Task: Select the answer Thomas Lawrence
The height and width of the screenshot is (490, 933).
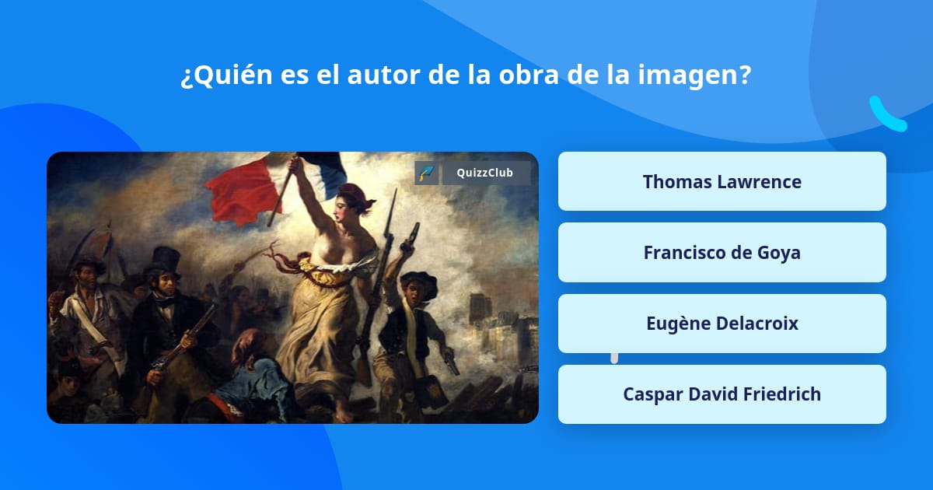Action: pyautogui.click(x=722, y=182)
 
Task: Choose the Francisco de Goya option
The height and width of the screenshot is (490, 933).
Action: pyautogui.click(x=722, y=253)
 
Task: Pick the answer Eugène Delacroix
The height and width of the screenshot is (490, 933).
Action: pyautogui.click(x=722, y=324)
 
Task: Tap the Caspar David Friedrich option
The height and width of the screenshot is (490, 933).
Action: pyautogui.click(x=722, y=394)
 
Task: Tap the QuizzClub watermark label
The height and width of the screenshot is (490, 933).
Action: pyautogui.click(x=486, y=173)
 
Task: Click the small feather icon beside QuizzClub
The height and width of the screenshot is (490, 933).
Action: pyautogui.click(x=426, y=173)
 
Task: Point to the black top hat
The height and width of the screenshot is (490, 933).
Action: pyautogui.click(x=164, y=259)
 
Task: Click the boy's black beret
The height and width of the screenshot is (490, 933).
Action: pyautogui.click(x=417, y=278)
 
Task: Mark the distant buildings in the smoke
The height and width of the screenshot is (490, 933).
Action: pyautogui.click(x=498, y=319)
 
